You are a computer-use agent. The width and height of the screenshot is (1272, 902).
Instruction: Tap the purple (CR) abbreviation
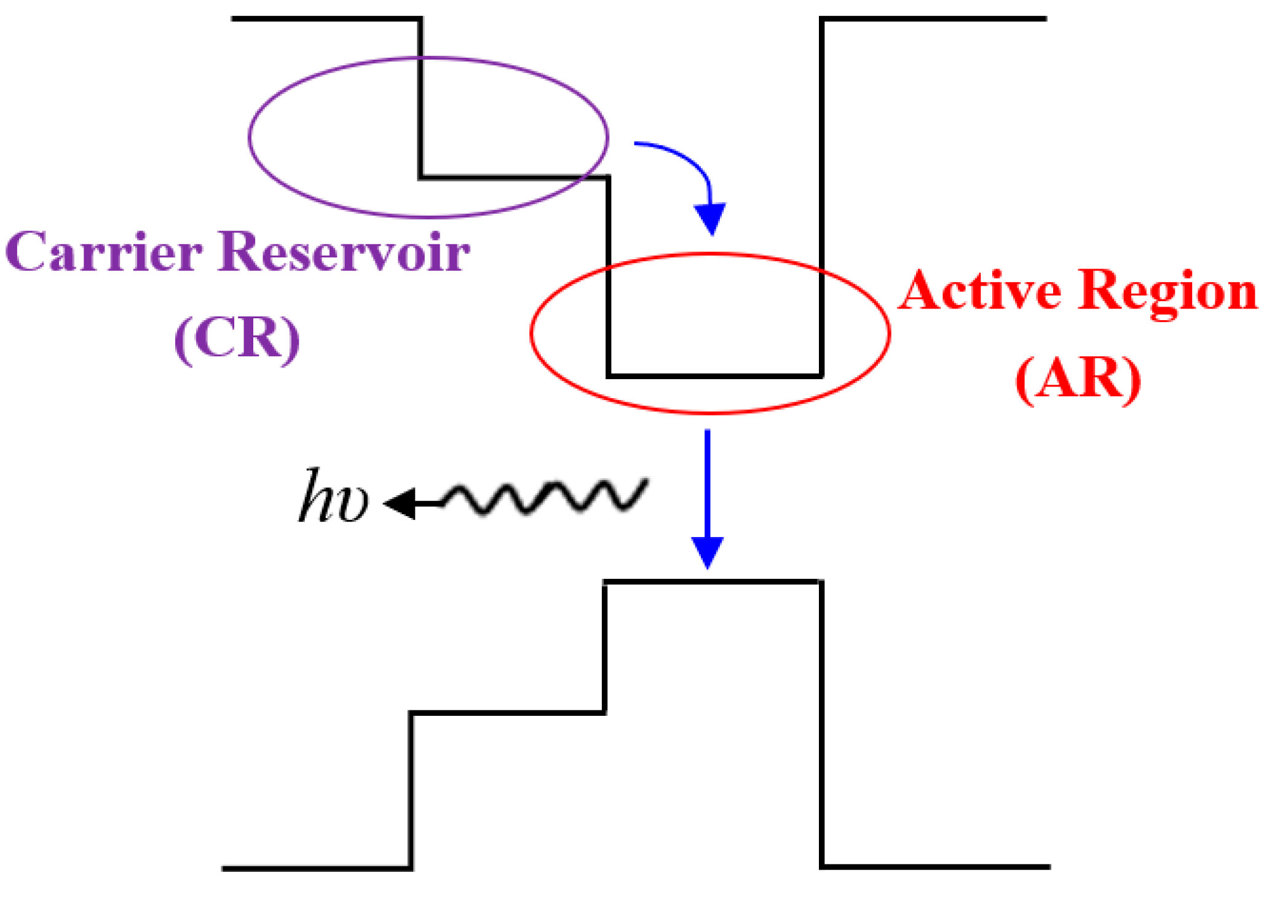click(x=237, y=339)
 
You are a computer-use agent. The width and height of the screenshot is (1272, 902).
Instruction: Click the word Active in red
click(x=981, y=291)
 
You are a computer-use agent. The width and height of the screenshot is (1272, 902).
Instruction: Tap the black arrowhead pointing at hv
click(x=400, y=504)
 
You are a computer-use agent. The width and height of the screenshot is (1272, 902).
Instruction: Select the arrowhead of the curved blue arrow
click(x=711, y=218)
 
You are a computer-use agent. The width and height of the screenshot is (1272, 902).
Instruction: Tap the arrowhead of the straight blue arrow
click(x=707, y=552)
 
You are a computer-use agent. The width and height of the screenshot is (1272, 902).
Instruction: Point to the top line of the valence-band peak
click(x=713, y=581)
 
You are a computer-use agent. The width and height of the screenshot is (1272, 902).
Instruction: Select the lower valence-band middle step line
click(x=508, y=713)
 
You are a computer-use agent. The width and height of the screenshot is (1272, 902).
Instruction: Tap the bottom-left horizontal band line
click(x=317, y=869)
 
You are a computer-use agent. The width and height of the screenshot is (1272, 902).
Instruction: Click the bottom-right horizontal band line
click(x=934, y=867)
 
